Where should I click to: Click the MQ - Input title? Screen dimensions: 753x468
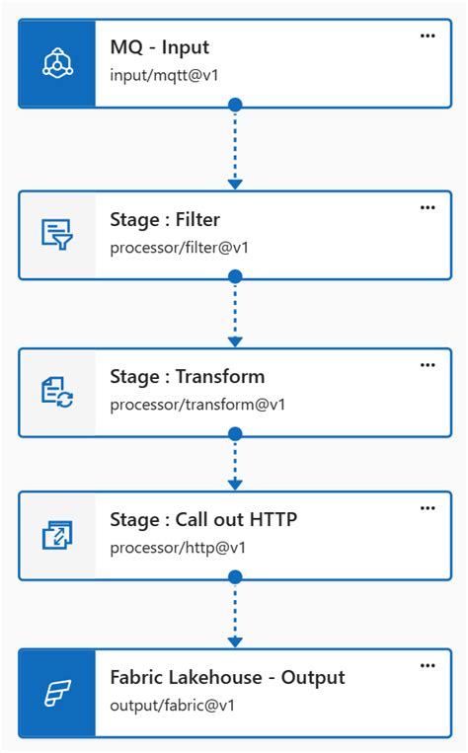[159, 47]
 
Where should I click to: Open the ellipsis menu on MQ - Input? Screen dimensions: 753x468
[428, 36]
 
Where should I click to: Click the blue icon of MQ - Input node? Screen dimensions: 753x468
[57, 63]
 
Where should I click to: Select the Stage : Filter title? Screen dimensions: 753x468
[165, 219]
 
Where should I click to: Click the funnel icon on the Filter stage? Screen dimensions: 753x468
[57, 235]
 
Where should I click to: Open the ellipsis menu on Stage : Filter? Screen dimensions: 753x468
[428, 207]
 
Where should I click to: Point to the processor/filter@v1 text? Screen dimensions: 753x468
[179, 247]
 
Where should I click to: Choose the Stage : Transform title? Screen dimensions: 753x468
[187, 376]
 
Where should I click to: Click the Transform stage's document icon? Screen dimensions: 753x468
[57, 393]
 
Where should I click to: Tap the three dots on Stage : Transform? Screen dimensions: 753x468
[428, 364]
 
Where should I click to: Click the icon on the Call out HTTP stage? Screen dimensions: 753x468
[57, 535]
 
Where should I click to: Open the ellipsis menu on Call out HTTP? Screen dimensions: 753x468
[428, 508]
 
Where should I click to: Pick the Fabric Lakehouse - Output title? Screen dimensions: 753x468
[227, 677]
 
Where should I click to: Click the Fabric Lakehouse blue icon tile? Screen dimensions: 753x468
[57, 693]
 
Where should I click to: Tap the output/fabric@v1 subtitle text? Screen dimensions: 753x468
[172, 705]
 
